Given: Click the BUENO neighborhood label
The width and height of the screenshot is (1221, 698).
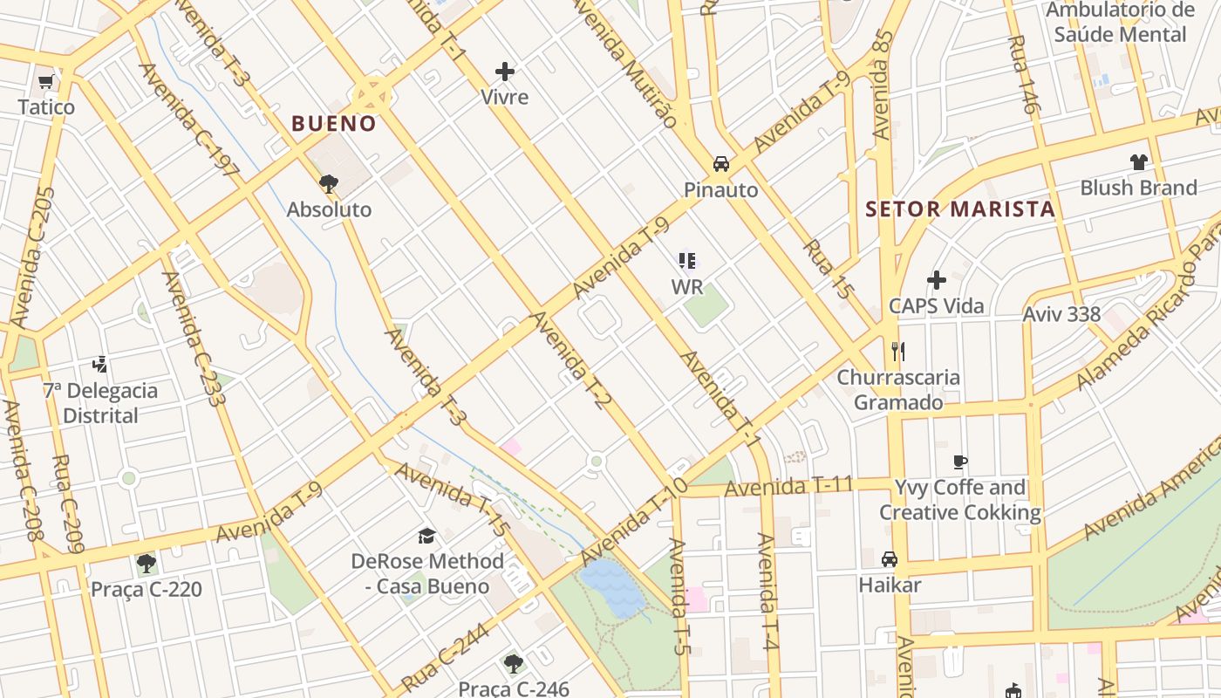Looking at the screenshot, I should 334,124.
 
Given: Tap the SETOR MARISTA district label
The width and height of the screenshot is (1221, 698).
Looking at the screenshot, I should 960,209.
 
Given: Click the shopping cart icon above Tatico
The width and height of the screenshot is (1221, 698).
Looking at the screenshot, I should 46,82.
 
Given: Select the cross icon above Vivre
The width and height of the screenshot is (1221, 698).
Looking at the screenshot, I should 505,72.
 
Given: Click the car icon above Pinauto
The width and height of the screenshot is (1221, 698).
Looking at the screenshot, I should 721,164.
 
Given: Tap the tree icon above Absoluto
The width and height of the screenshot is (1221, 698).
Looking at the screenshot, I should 329,184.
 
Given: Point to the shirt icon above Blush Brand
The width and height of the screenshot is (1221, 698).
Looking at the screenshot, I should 1138,162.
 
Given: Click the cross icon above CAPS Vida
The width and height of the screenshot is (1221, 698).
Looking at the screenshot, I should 937,280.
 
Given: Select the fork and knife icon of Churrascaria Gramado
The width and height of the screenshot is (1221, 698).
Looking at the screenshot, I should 898,352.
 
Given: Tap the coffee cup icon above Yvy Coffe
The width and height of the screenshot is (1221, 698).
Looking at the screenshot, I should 960,462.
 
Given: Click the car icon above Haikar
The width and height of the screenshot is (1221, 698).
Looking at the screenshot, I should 890,559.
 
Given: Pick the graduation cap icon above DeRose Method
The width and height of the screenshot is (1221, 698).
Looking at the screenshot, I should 426,536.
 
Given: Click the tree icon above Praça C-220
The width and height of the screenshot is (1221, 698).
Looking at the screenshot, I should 147,564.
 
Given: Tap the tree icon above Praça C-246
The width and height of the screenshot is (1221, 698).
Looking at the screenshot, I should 514,664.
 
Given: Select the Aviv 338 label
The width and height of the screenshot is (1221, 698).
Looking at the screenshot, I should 1061,314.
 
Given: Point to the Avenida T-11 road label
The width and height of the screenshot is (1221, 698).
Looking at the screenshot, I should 788,487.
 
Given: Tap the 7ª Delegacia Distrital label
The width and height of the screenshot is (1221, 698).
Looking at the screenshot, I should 101,402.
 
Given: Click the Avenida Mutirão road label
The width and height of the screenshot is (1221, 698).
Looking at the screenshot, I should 624,63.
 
